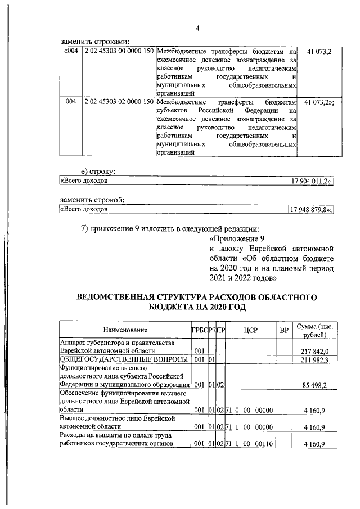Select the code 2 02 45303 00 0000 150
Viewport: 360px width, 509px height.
tap(119, 52)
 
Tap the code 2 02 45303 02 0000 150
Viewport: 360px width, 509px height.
tap(119, 103)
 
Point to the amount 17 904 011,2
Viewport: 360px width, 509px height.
tap(311, 181)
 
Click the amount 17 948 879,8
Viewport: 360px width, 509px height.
tap(311, 210)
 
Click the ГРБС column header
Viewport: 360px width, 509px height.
tap(199, 330)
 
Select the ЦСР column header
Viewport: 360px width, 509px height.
tap(250, 330)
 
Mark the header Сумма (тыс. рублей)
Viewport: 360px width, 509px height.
tap(317, 330)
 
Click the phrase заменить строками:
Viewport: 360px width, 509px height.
tap(95, 41)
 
